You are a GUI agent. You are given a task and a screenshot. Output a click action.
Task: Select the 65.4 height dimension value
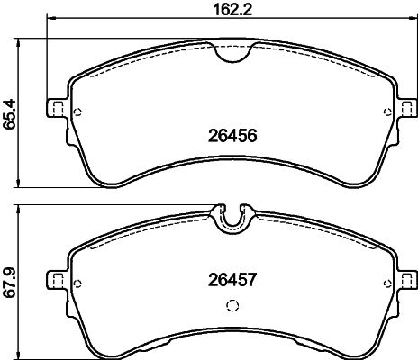point(9,114)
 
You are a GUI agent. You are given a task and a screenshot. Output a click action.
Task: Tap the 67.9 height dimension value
point(9,283)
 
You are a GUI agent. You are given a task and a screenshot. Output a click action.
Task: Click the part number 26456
point(232,136)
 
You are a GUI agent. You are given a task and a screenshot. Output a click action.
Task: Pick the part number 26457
point(232,280)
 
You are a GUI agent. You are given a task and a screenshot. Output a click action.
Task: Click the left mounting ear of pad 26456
point(58,107)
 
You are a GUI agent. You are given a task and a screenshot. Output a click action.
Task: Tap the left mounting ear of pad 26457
point(58,279)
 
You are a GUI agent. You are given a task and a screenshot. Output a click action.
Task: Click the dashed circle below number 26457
point(232,306)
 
